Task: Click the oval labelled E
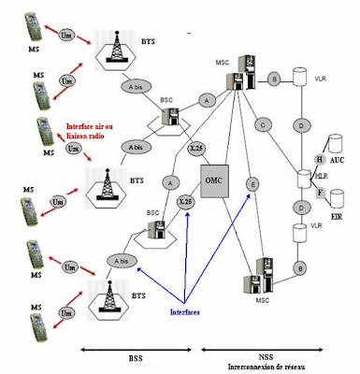[252, 185]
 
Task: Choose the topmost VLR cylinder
[301, 79]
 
